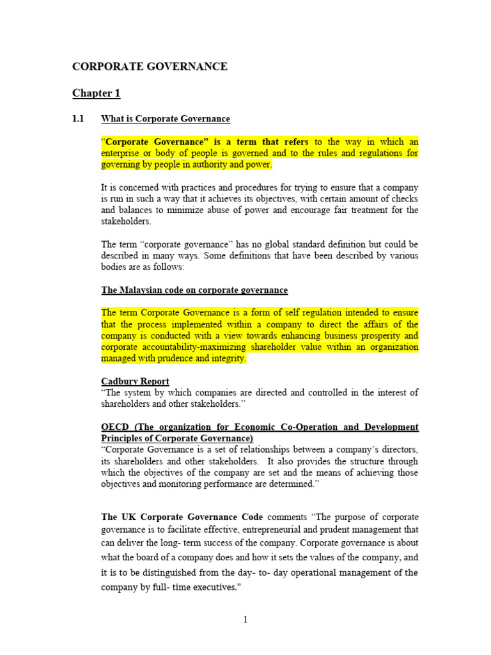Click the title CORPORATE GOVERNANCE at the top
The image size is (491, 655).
pos(150,67)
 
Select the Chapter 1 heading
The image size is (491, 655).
pos(96,93)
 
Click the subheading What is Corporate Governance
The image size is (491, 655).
pos(166,119)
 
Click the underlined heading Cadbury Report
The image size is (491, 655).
pos(135,381)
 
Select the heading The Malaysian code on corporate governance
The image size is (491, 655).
pos(194,290)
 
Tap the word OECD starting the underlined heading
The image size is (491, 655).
pos(116,427)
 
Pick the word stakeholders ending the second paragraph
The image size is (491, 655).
pos(126,221)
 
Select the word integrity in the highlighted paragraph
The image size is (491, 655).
pos(230,359)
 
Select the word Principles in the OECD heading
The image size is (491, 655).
pos(123,438)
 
